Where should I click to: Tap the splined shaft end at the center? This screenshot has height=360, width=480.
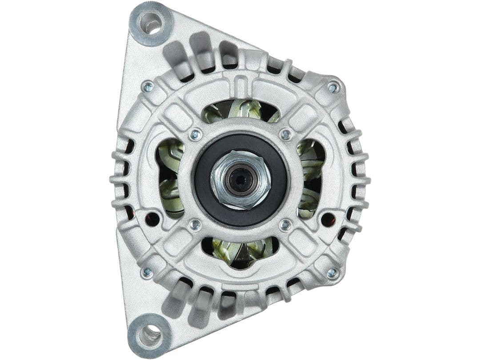coord(240,179)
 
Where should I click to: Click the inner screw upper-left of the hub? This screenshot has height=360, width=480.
coord(195,134)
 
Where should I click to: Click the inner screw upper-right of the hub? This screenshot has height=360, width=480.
coord(286,134)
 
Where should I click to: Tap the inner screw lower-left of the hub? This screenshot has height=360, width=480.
coord(195,225)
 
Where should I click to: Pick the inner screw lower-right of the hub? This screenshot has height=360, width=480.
coord(286,225)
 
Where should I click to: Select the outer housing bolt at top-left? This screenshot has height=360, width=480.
coord(148,86)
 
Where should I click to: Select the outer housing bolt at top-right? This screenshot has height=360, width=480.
coord(332,88)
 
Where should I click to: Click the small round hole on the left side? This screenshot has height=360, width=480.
coord(152,219)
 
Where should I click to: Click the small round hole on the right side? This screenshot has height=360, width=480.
coord(328,219)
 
